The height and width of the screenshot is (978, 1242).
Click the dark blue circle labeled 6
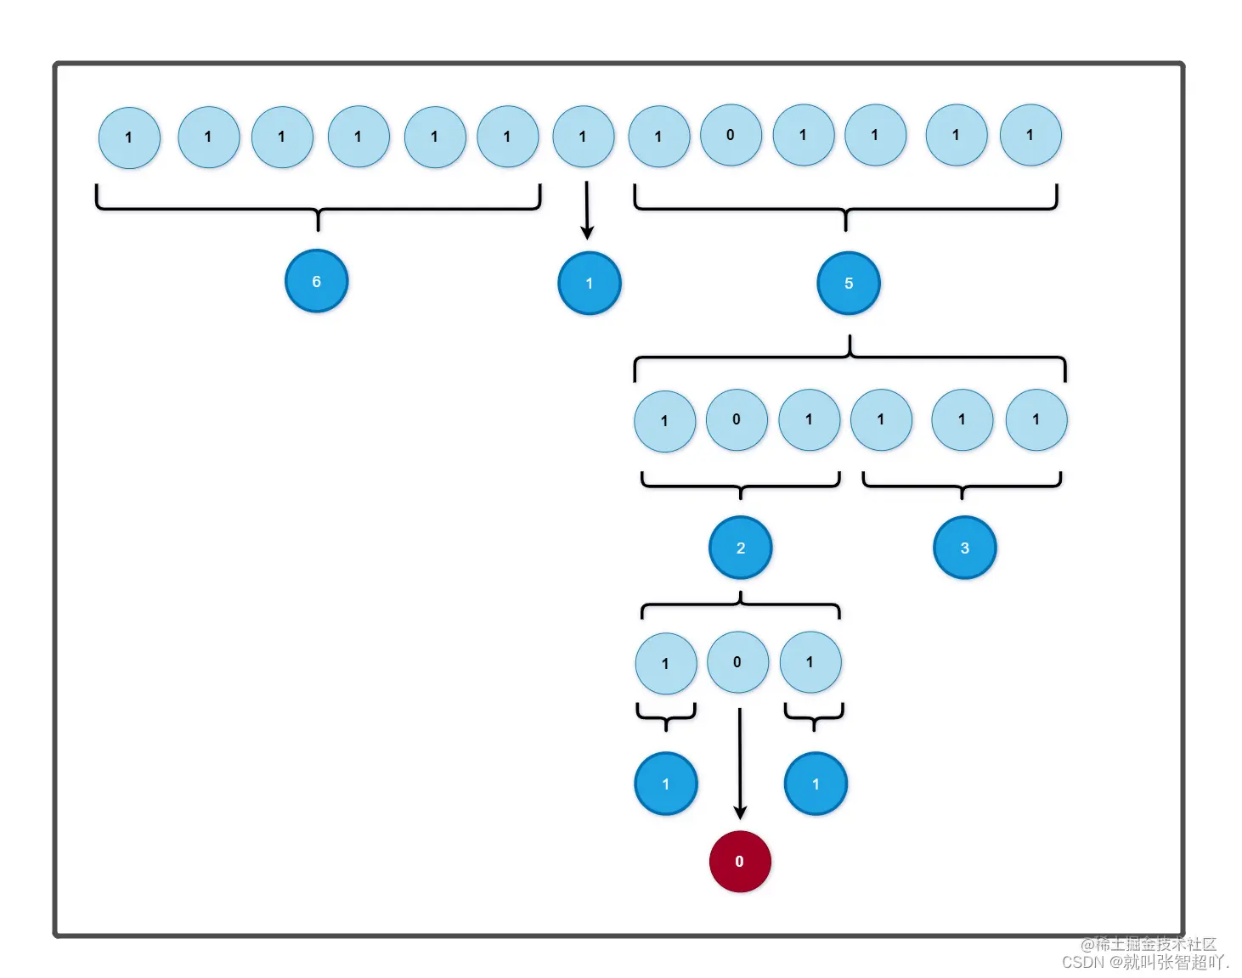pyautogui.click(x=316, y=281)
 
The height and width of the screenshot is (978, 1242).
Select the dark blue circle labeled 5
pyautogui.click(x=848, y=283)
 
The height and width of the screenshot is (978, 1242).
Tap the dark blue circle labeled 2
pyautogui.click(x=740, y=548)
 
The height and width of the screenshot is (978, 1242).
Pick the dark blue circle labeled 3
pyautogui.click(x=964, y=548)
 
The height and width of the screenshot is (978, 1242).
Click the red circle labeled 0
pyautogui.click(x=739, y=861)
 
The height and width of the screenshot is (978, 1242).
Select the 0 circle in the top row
pyautogui.click(x=731, y=135)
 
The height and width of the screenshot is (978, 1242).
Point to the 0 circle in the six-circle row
pyautogui.click(x=737, y=419)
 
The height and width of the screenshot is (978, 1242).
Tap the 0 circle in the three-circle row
pyautogui.click(x=737, y=662)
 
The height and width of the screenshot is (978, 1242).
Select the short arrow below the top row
pyautogui.click(x=586, y=209)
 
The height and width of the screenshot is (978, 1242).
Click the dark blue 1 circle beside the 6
pyautogui.click(x=589, y=283)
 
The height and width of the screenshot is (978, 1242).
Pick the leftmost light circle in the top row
pyautogui.click(x=129, y=138)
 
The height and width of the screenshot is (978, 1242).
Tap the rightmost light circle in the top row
pyautogui.click(x=1030, y=135)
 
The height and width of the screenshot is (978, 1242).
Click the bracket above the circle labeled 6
pyautogui.click(x=318, y=207)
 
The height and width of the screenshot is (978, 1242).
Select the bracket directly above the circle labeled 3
pyautogui.click(x=962, y=486)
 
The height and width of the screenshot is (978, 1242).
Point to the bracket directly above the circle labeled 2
pyautogui.click(x=740, y=486)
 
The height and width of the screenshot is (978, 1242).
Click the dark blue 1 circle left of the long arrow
pyautogui.click(x=666, y=784)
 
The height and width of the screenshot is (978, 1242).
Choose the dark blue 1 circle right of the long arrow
pyautogui.click(x=816, y=784)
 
